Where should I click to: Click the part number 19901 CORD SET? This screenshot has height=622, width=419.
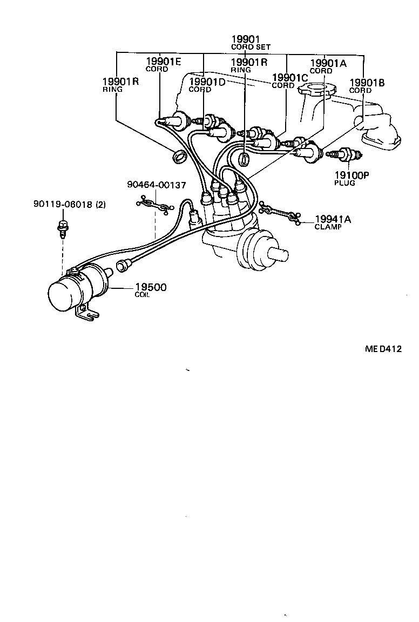pos(246,42)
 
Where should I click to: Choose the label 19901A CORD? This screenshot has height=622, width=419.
pos(327,66)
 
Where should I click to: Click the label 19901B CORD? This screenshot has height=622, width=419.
pos(367,86)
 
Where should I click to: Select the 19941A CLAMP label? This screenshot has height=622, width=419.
pos(332,222)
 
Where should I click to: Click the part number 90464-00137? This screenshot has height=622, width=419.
pos(157,185)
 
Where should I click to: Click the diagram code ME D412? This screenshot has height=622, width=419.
pos(383,349)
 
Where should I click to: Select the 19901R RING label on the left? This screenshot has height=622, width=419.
pos(120,85)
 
